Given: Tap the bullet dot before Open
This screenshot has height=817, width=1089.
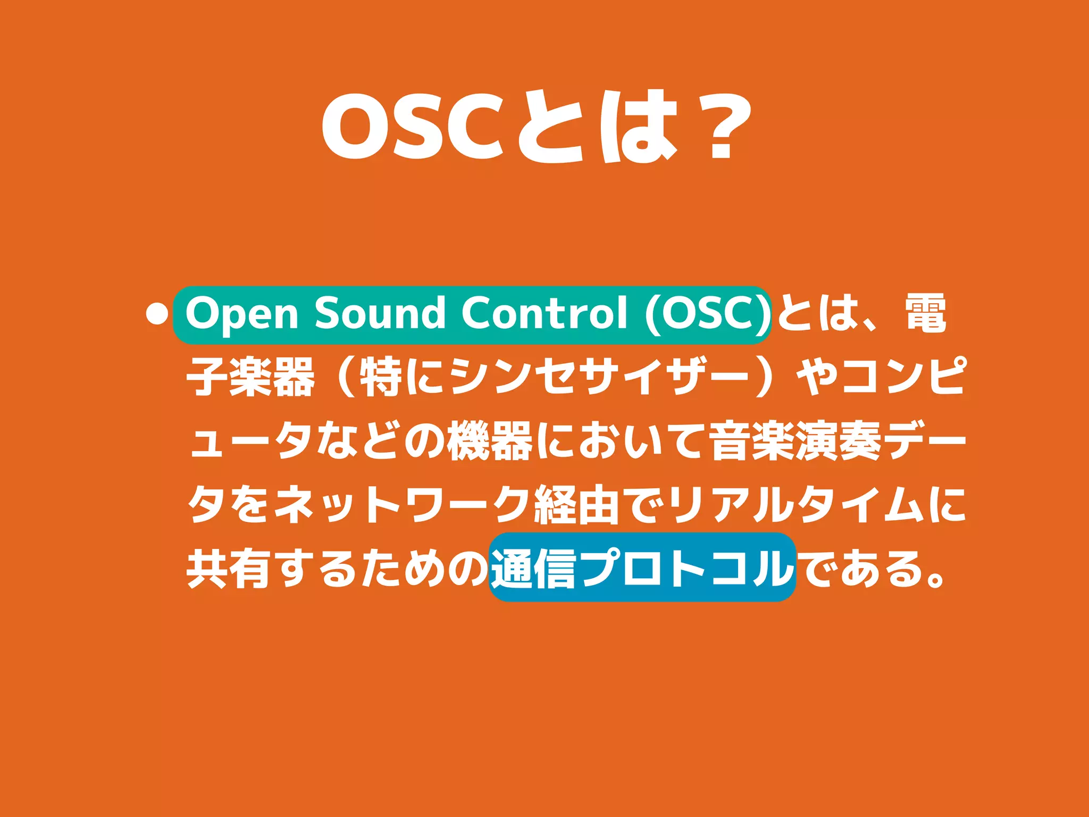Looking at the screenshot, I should point(156,314).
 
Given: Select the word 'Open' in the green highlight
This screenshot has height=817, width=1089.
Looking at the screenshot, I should point(241,314).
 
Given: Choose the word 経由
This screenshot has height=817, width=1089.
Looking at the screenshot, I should point(577,505).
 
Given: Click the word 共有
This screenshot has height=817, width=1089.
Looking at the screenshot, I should point(229,569).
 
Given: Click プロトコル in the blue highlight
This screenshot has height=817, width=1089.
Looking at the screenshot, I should point(686,569).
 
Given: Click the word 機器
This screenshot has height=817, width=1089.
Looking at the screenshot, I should point(489,441).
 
